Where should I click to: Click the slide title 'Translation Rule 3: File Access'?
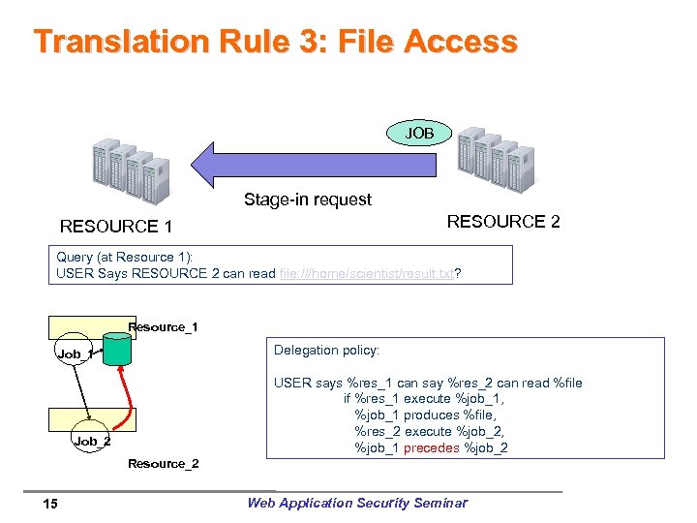(x=276, y=42)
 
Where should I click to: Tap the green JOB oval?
(x=418, y=133)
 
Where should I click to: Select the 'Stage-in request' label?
(x=307, y=200)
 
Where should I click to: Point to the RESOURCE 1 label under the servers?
(x=116, y=227)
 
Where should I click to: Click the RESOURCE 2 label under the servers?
(x=502, y=222)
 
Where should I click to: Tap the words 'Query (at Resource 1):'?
(x=125, y=257)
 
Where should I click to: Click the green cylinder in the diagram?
(x=117, y=351)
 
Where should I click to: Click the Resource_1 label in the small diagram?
(x=163, y=327)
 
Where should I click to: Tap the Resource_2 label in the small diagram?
(x=163, y=464)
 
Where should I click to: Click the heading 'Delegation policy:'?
(x=326, y=350)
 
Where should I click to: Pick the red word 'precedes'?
(x=431, y=447)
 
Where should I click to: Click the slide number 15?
(x=50, y=503)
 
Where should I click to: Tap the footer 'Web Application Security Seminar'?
(x=356, y=502)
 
